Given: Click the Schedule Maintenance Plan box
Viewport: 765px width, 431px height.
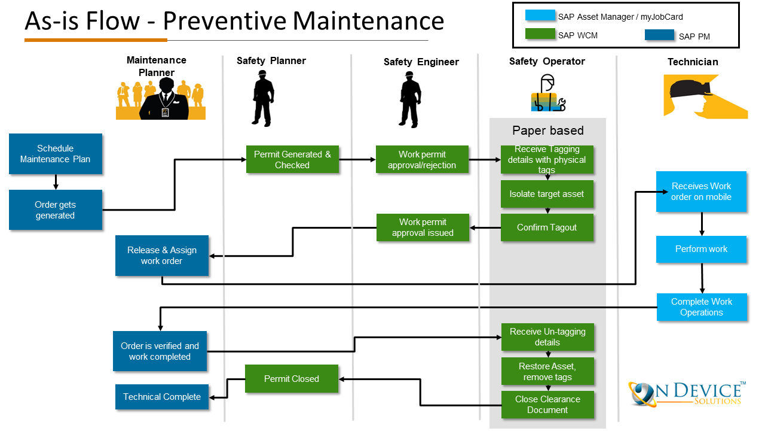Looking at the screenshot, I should tap(56, 154).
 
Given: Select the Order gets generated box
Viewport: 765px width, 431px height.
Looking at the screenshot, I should tap(56, 210).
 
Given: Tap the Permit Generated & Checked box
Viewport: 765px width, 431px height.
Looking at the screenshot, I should tap(292, 160).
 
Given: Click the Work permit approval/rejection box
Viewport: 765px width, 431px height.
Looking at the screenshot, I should tap(422, 160).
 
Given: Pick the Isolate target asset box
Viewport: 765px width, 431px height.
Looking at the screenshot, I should tap(547, 194).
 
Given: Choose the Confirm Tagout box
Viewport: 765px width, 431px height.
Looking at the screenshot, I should tap(547, 227).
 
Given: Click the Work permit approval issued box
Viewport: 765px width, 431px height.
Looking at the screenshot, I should tap(423, 227).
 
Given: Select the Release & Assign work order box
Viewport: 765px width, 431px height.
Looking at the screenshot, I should tap(162, 256).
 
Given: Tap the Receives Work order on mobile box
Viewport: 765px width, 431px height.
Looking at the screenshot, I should tap(701, 192).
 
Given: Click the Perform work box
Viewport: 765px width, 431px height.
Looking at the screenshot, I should tap(701, 249).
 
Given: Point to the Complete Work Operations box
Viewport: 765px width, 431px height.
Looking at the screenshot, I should tap(701, 307).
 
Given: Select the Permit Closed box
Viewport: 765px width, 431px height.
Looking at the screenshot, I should tap(292, 379).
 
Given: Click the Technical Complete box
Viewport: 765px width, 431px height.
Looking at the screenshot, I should tap(162, 397).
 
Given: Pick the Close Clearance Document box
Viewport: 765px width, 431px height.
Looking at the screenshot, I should tap(547, 405).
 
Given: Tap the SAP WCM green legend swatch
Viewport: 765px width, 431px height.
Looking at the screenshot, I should tap(540, 34).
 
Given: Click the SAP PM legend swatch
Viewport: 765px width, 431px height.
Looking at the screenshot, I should tap(659, 35).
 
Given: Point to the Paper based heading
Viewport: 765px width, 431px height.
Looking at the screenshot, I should tap(547, 130).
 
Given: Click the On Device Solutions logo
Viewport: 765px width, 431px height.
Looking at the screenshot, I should tap(686, 394).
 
